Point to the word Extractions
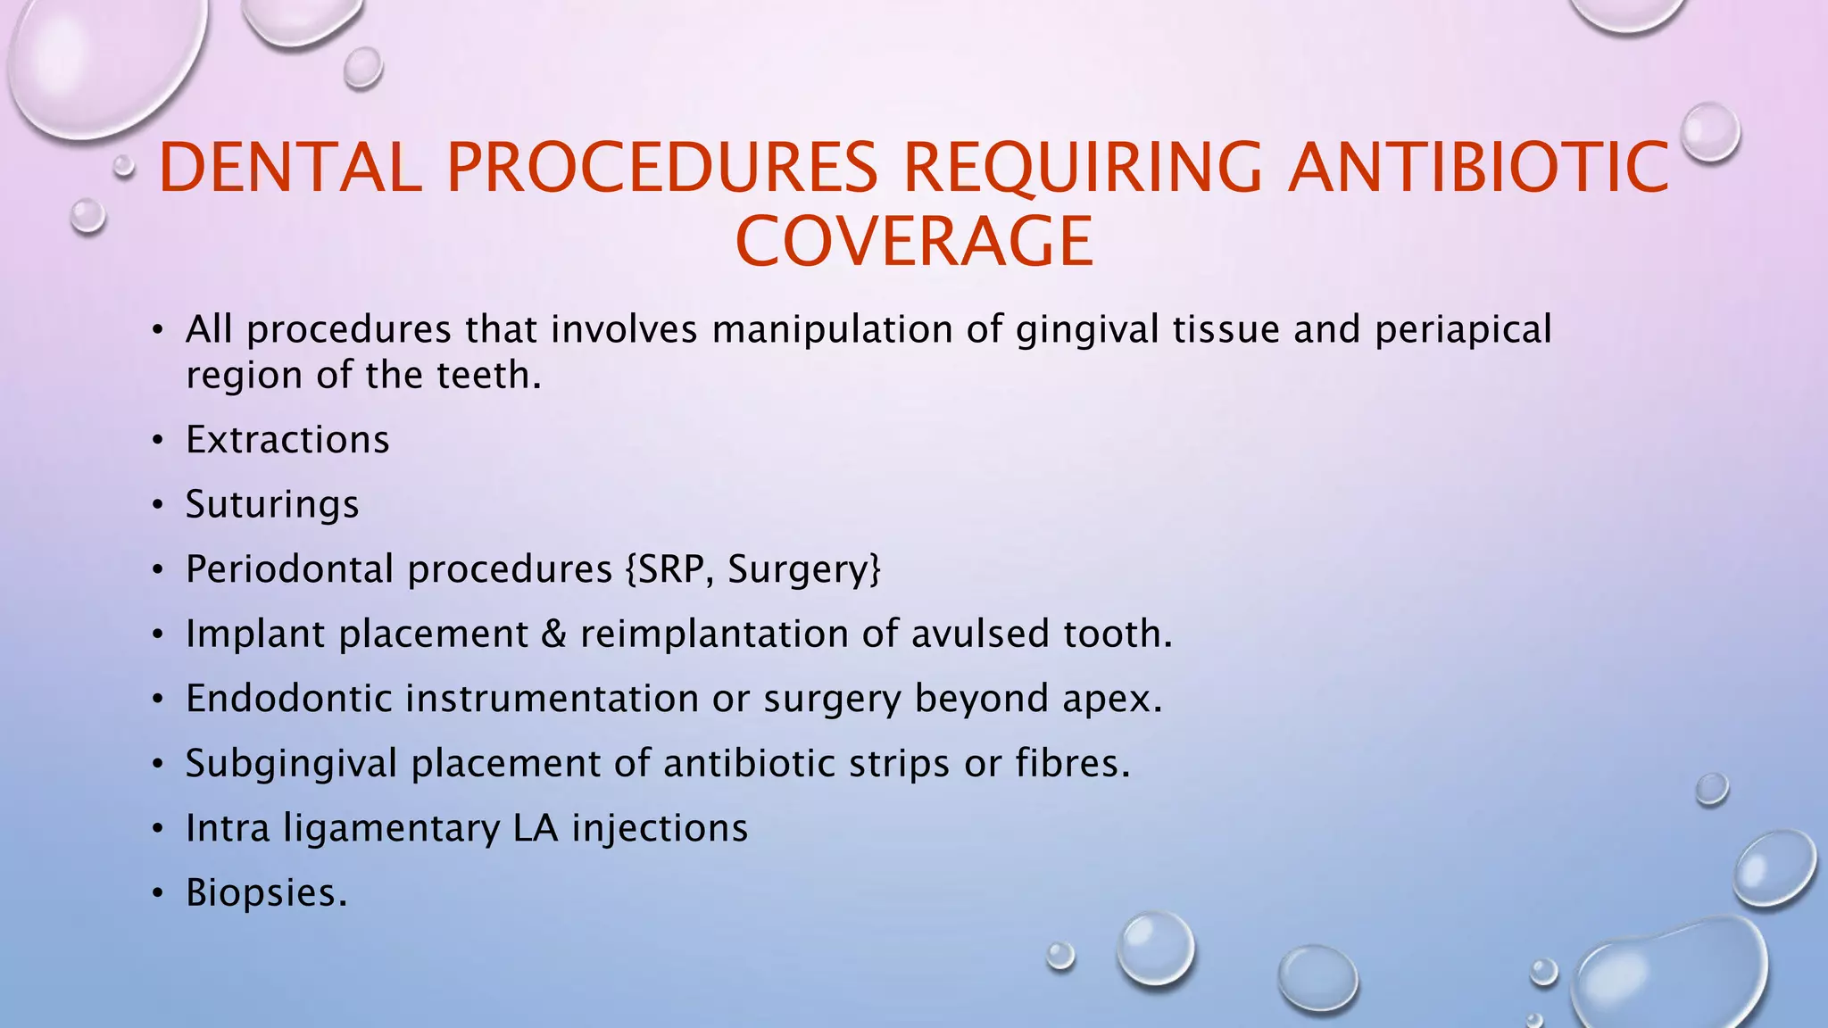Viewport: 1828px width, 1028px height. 287,440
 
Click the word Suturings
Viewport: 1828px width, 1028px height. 272,504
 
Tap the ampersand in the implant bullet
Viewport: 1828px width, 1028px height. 553,634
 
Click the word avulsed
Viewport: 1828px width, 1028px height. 980,634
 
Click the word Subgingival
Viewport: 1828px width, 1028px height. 291,764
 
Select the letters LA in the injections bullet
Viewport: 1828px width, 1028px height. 536,828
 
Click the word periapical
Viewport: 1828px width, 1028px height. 1463,330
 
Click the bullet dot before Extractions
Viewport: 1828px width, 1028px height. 158,441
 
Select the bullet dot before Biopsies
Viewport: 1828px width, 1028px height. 158,893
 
